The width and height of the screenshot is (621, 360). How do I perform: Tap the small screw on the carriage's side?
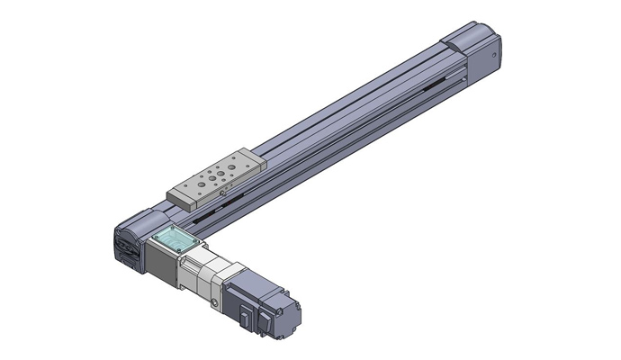[221, 191]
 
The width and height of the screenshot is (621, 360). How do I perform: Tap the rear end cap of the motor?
[291, 316]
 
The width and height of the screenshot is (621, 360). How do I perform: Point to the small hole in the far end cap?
[495, 54]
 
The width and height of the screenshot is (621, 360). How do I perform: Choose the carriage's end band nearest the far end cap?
[256, 159]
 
